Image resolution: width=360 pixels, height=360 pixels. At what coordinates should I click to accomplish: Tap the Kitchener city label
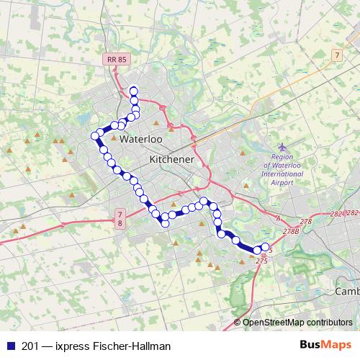point(171,158)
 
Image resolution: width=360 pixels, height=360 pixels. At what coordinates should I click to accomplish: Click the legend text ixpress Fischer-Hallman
point(107,346)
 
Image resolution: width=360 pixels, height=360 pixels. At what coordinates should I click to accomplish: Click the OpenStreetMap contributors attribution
point(297,323)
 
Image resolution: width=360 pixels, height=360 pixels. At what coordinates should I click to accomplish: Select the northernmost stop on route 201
point(133,90)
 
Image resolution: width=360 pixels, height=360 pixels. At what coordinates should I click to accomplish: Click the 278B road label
point(291,231)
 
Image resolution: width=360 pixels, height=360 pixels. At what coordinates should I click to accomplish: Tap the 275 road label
point(261,261)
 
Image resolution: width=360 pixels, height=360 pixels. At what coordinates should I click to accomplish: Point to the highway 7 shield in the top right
point(336,55)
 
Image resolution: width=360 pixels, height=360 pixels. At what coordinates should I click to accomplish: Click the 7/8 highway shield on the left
point(119,219)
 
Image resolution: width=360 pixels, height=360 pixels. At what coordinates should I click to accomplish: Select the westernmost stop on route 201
point(94,135)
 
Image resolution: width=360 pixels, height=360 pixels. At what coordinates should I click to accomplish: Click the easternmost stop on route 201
point(265,247)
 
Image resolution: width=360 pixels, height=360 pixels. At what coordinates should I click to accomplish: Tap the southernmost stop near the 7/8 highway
point(165,222)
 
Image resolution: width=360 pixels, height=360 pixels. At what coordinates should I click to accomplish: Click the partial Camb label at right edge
point(348,292)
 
